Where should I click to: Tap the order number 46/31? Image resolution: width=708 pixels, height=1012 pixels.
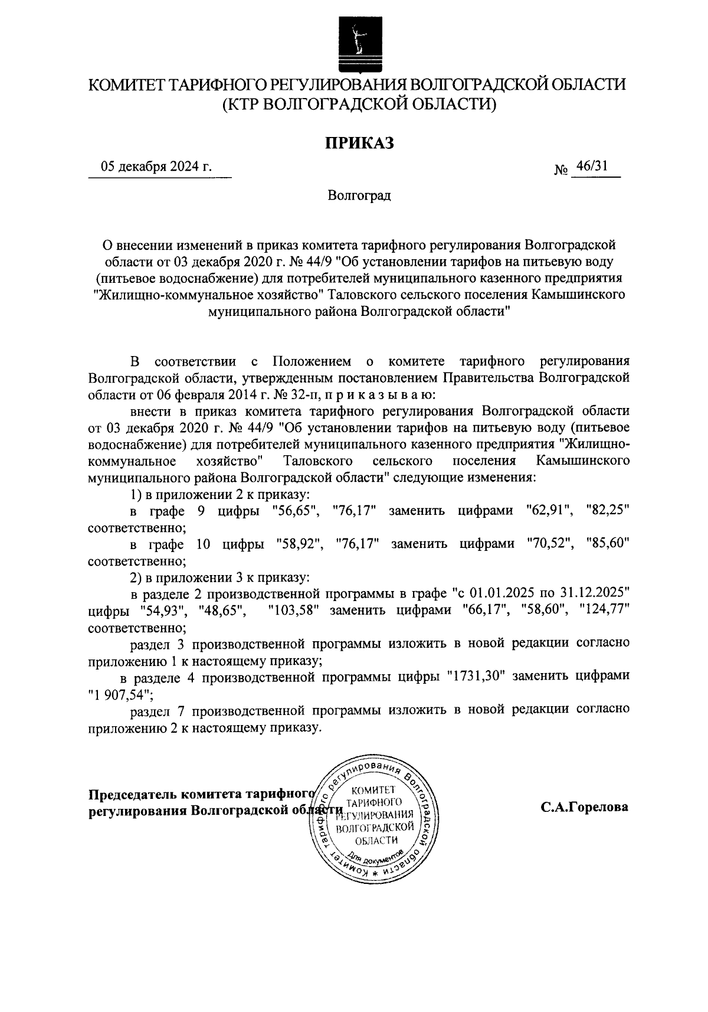592,166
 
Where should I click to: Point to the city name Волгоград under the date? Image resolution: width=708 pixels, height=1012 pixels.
359,195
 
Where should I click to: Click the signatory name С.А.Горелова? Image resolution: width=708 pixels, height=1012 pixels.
585,807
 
